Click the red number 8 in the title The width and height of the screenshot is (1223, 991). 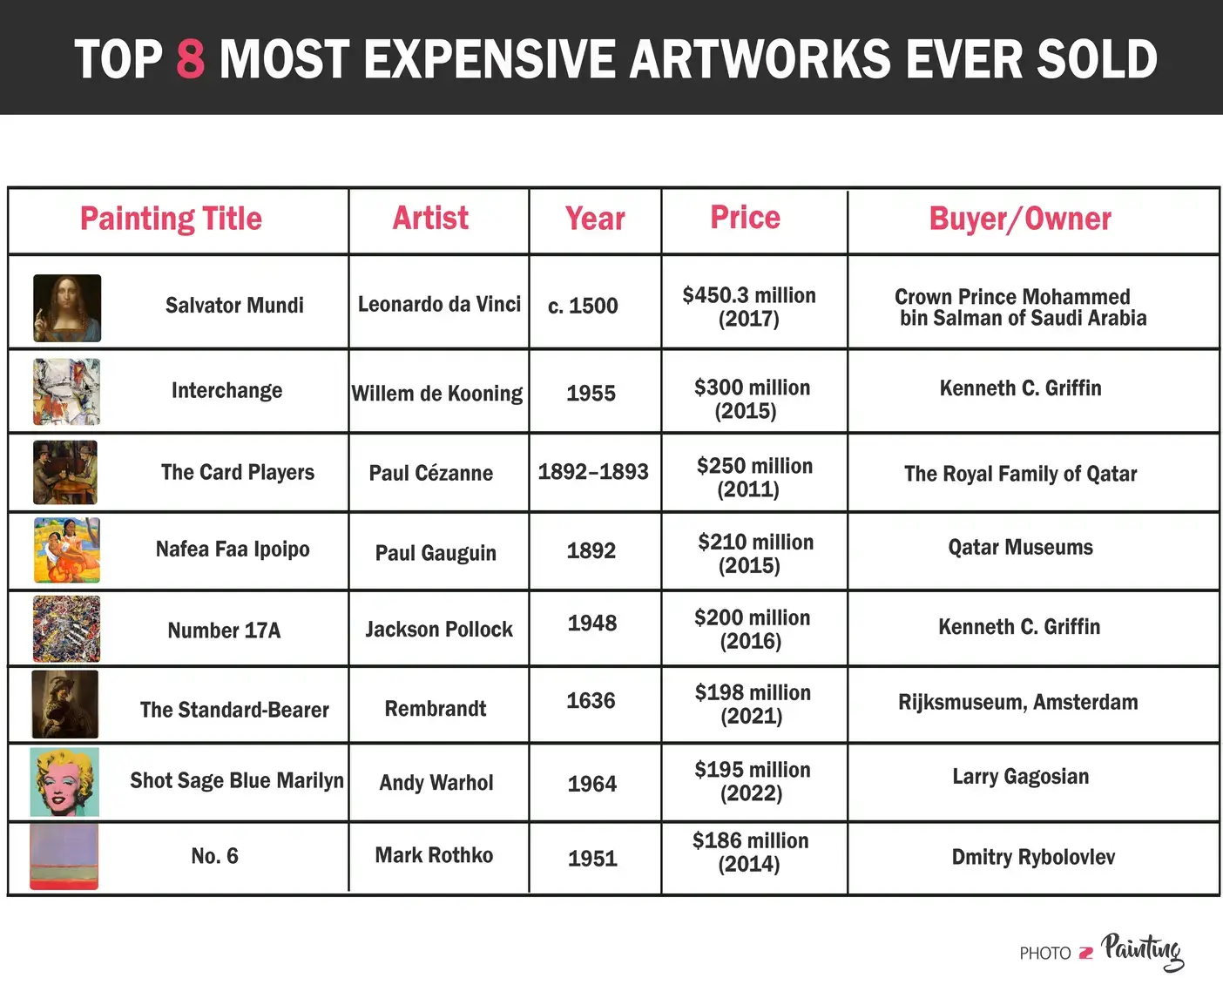(190, 59)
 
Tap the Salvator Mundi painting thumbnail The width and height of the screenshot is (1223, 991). (67, 308)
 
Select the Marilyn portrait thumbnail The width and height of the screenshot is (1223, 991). (64, 781)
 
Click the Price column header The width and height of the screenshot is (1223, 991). (745, 218)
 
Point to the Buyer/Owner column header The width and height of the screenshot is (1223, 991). (1020, 219)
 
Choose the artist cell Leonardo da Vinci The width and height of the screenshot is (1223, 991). (439, 304)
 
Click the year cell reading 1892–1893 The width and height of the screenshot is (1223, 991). (593, 472)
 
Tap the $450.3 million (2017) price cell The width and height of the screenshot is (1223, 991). (749, 307)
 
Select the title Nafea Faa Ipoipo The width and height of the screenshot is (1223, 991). (233, 549)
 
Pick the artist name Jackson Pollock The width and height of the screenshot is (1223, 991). (439, 629)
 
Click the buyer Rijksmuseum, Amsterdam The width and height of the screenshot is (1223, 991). (1017, 702)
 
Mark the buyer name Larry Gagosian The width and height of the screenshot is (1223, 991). (1020, 776)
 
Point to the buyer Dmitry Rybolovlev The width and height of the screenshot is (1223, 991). (1033, 857)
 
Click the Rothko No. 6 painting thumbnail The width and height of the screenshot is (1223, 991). (64, 857)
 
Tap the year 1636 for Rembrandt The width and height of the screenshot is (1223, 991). (591, 701)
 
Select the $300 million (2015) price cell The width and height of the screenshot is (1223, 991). (752, 399)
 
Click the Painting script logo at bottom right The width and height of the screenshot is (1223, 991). (1142, 951)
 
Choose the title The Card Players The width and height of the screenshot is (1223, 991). (238, 472)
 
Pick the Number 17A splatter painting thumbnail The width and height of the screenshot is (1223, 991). (66, 629)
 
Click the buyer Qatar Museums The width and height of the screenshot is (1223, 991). (1020, 547)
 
